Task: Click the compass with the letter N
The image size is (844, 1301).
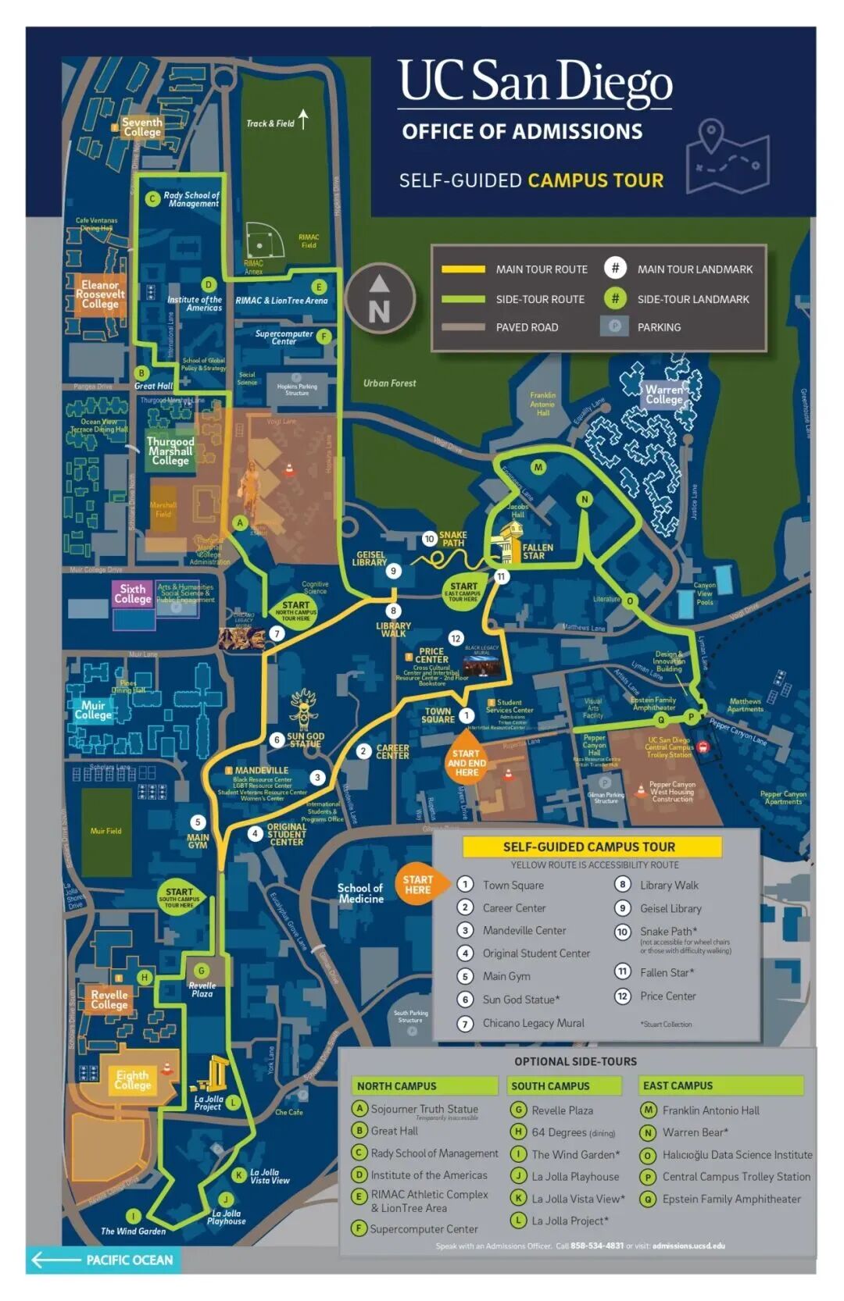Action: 380,298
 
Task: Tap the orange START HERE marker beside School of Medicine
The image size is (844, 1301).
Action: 418,884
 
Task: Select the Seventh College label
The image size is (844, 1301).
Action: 141,127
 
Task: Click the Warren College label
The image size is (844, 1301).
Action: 663,394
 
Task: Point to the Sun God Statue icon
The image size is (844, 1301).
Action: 303,708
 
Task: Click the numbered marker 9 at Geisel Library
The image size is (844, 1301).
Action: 393,571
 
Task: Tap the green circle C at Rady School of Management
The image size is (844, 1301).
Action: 153,199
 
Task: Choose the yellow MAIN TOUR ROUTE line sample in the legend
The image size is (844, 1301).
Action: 463,269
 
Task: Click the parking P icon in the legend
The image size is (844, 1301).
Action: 614,326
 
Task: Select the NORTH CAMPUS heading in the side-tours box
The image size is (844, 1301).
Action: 397,1086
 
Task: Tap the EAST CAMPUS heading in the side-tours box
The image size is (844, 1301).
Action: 678,1085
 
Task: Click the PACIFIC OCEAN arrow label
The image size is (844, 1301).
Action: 102,1260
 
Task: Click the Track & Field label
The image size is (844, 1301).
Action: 270,123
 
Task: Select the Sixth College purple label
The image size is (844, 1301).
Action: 133,593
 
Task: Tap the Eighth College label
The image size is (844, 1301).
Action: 132,1080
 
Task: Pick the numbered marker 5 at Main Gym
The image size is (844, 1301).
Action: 198,822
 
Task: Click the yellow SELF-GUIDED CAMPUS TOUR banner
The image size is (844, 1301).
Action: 589,847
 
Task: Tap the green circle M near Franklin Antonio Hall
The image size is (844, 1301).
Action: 538,468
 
